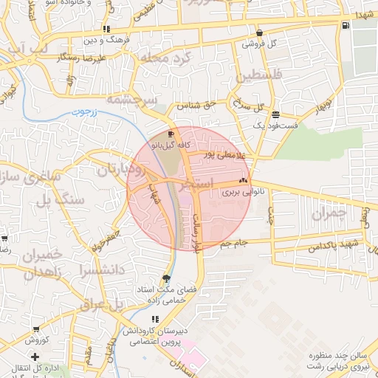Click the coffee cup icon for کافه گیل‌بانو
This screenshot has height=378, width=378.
click(171, 134)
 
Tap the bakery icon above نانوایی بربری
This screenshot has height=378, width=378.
click(243, 181)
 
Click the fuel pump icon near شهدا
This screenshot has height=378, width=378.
click(346, 26)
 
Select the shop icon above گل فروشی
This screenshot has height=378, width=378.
click(259, 33)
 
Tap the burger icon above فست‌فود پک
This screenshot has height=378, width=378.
click(275, 114)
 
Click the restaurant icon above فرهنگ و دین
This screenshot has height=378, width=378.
click(107, 29)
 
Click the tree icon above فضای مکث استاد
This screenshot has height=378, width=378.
click(166, 278)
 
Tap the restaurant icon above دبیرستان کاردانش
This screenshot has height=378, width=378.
click(155, 318)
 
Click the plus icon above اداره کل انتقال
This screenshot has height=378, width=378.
click(35, 357)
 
